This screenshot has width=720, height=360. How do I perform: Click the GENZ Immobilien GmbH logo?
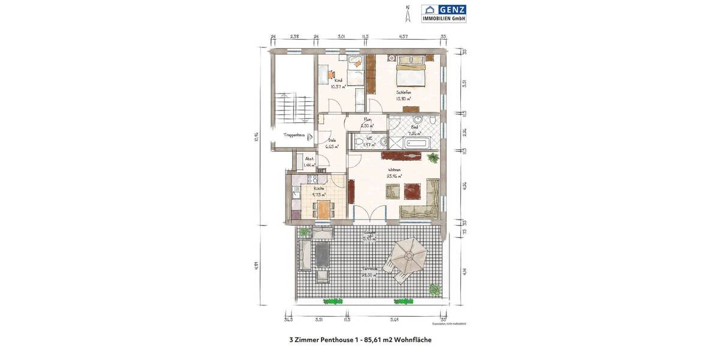click(443, 13)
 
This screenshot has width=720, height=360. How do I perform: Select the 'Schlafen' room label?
click(403, 92)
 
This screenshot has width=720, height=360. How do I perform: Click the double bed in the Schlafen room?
click(410, 70)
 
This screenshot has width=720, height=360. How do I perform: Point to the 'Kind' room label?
click(338, 80)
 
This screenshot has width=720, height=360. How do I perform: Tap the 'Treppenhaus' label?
click(295, 136)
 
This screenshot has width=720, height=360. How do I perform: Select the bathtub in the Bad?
click(416, 143)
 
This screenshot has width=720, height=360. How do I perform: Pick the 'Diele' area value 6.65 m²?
click(332, 146)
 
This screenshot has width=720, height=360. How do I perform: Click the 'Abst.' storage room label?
click(309, 159)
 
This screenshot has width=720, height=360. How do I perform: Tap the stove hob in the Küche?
click(312, 179)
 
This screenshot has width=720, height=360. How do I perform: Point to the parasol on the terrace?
click(409, 254)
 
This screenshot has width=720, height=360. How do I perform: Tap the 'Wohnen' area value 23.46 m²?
click(394, 176)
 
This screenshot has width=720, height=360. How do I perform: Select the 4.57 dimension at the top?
click(404, 37)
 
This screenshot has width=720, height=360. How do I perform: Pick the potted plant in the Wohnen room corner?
click(432, 158)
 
